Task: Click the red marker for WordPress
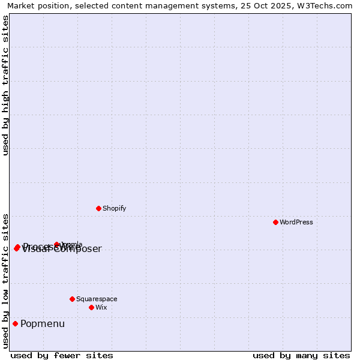click(275, 222)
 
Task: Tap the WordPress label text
click(296, 222)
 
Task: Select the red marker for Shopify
click(98, 208)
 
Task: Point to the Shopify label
click(115, 208)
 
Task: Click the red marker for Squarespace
click(72, 299)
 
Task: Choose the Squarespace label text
click(97, 299)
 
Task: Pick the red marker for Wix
click(91, 307)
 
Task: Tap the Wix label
click(101, 307)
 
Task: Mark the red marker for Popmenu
click(15, 324)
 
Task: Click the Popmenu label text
click(43, 324)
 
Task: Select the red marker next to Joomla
click(57, 244)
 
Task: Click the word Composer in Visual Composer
click(78, 250)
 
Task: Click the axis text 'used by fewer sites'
click(62, 355)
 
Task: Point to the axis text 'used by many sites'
click(301, 355)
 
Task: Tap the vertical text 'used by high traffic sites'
click(6, 85)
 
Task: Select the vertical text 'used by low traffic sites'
click(6, 281)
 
